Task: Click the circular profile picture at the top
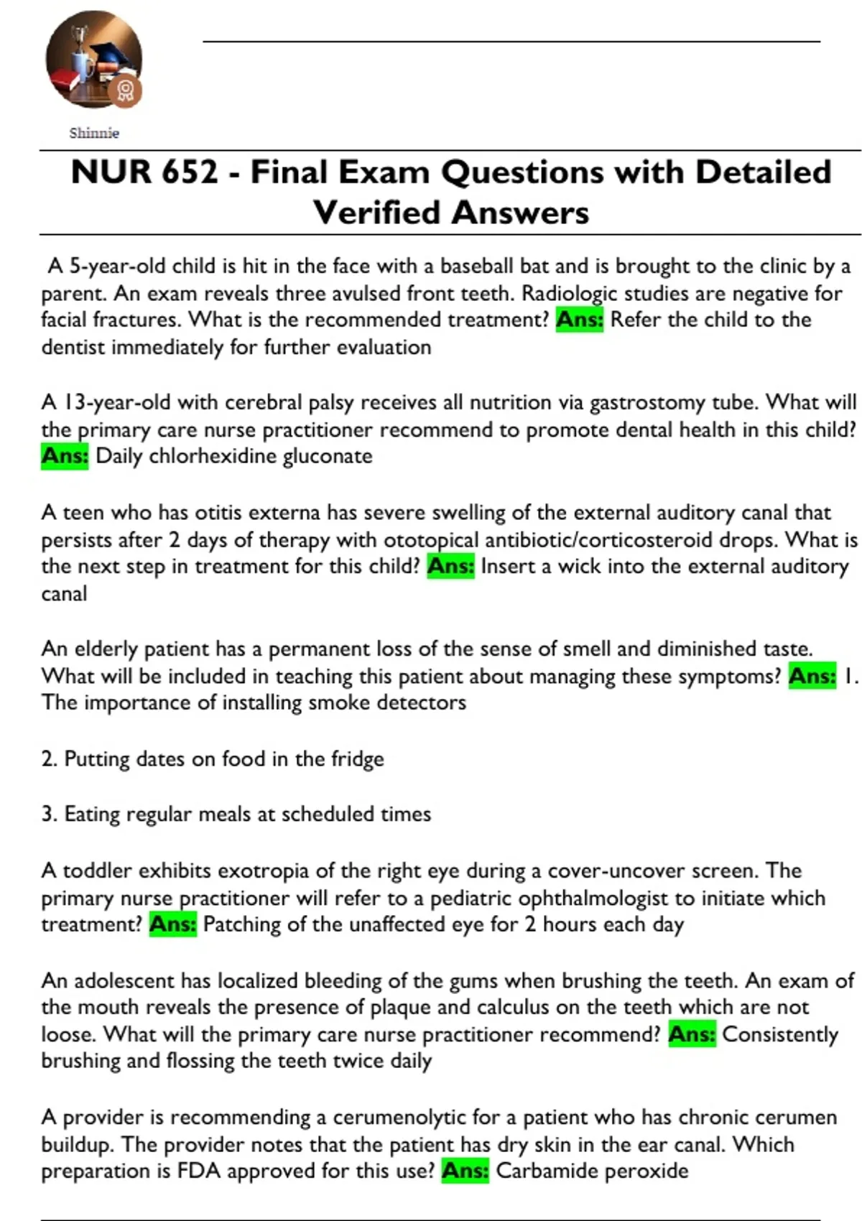pos(93,60)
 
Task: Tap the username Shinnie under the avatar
pos(94,133)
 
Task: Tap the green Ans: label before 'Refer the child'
pos(580,320)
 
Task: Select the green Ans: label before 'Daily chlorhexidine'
pos(65,456)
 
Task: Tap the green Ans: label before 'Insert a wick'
pos(450,567)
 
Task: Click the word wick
pos(579,567)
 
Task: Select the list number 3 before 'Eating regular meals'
pos(48,814)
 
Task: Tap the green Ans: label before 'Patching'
pos(172,924)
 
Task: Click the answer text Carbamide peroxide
pos(592,1171)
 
